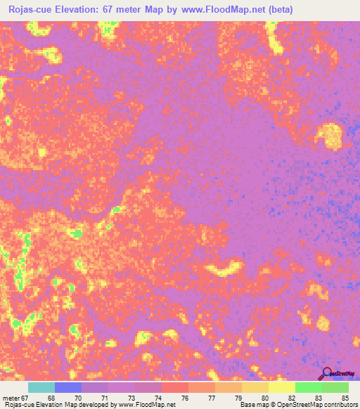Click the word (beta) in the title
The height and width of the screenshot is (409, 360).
click(x=278, y=9)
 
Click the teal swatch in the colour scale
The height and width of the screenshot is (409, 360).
click(x=41, y=387)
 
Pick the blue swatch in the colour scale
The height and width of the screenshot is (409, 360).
click(x=68, y=387)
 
